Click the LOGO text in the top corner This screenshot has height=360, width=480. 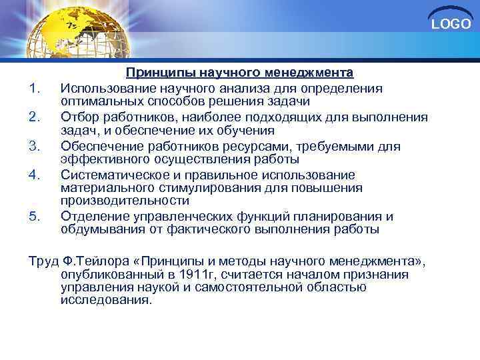click(451, 25)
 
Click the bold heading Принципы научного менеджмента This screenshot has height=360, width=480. click(240, 72)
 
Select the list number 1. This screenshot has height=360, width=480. click(36, 88)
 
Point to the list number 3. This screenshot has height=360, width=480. click(36, 145)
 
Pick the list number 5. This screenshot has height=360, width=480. click(36, 216)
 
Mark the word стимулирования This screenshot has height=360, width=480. click(201, 187)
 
